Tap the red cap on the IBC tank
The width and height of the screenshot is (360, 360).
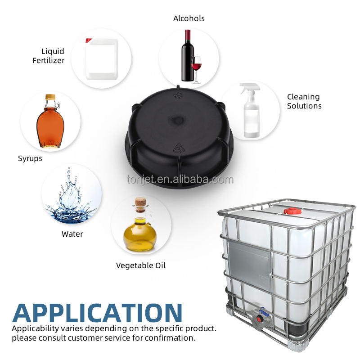(x=292, y=210)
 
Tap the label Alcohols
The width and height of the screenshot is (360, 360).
(x=189, y=18)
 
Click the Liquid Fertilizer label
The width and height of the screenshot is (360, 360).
(x=48, y=56)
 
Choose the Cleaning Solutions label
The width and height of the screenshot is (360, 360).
(x=304, y=101)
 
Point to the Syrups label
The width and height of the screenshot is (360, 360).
(x=30, y=158)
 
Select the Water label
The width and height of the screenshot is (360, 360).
(x=72, y=234)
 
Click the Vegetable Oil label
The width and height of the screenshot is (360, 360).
(x=141, y=265)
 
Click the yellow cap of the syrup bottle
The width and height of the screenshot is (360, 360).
(x=50, y=97)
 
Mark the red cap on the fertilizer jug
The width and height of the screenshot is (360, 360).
(x=89, y=40)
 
